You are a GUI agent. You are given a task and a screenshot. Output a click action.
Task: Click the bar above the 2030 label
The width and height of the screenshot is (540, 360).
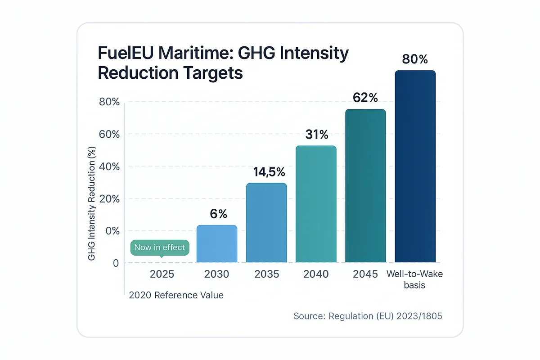click(217, 243)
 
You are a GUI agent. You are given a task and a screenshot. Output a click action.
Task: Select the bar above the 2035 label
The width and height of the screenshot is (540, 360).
click(266, 223)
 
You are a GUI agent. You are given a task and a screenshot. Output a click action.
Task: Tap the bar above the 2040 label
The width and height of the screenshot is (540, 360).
click(316, 204)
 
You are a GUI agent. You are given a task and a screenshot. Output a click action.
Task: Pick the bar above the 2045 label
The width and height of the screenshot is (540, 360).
click(365, 185)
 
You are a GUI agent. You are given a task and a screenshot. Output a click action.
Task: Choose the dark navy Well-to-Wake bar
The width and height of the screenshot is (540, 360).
click(415, 166)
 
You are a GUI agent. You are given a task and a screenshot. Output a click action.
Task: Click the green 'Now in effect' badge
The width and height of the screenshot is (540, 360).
click(160, 247)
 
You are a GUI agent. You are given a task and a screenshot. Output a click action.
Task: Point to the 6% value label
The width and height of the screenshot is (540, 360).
click(219, 214)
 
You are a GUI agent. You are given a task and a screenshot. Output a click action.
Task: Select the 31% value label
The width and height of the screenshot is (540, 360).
click(317, 135)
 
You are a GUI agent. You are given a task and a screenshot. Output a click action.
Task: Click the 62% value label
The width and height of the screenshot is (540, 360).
click(365, 98)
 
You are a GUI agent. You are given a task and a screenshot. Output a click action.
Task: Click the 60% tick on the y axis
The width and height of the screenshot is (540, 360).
click(109, 134)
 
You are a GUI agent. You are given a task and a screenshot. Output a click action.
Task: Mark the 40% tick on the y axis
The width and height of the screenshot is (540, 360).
click(109, 166)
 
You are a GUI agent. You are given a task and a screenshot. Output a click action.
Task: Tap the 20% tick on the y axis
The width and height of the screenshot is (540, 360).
click(109, 199)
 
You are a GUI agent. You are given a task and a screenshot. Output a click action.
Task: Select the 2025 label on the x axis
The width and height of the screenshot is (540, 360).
click(162, 274)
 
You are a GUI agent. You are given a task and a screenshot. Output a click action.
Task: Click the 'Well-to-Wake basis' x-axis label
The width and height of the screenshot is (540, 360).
click(415, 279)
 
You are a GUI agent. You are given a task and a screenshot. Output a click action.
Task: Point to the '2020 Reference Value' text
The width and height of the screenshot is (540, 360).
click(176, 296)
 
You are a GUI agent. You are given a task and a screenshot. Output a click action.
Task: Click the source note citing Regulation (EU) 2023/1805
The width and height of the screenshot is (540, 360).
click(368, 316)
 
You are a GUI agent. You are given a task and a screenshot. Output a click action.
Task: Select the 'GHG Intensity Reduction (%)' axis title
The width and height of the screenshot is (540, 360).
click(92, 203)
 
